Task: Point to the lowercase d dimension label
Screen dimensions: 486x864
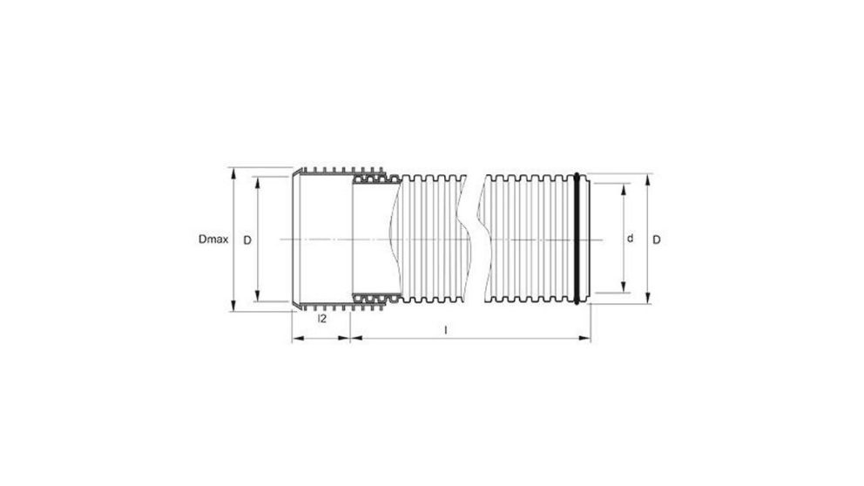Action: coord(629,239)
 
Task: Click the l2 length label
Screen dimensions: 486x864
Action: coord(321,320)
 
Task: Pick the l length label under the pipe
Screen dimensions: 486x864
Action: coord(446,330)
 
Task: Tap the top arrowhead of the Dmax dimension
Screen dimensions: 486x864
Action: coord(233,173)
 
